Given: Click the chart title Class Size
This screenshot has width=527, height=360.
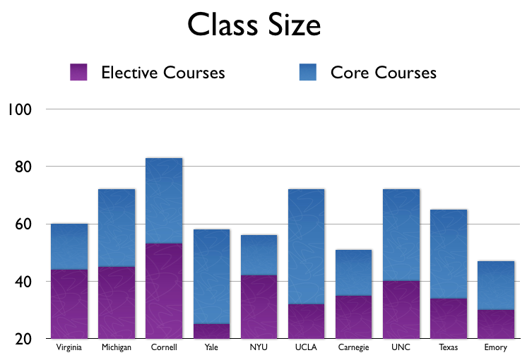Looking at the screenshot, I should coord(254,26).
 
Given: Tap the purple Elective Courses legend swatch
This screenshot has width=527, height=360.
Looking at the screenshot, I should coord(78,72).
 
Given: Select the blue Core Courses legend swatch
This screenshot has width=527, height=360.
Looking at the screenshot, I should coord(309,72).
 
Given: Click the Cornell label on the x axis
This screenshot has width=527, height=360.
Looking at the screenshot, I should coord(164,348).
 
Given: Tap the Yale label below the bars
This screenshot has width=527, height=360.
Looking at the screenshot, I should coord(211,348).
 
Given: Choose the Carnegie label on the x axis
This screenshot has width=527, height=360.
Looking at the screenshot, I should coord(353,348).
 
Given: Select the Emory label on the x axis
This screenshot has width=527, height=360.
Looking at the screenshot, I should coord(496,348).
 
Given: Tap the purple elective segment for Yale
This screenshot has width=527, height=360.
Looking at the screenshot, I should coord(211,331).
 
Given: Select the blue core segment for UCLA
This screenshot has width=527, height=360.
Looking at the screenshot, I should coord(306,247).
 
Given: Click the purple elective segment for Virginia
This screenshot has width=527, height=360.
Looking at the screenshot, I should coord(69,304).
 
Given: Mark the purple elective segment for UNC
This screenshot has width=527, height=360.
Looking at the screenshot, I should coord(401,310).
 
